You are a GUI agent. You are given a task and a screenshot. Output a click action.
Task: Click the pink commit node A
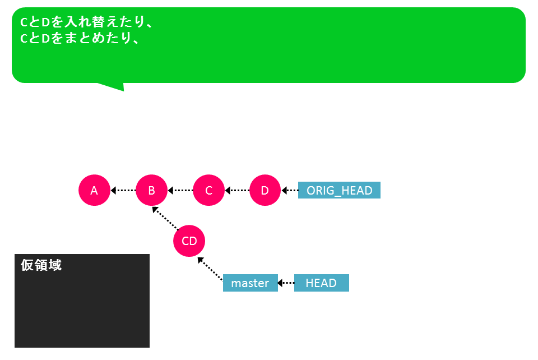click(x=94, y=190)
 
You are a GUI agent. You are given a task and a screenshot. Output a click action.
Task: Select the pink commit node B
click(x=151, y=190)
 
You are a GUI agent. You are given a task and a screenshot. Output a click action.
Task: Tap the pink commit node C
click(x=208, y=190)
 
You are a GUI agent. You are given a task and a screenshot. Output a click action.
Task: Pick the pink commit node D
click(x=265, y=190)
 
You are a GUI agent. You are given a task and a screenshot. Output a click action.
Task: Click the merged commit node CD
click(x=189, y=241)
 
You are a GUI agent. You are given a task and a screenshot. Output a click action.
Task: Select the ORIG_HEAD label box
click(x=339, y=190)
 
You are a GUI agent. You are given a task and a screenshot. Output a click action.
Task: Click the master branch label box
click(x=250, y=283)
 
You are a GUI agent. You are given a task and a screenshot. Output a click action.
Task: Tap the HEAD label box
click(x=322, y=283)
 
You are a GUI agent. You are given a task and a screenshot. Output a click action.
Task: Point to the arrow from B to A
click(x=123, y=190)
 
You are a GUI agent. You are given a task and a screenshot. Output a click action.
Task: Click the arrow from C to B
click(x=180, y=190)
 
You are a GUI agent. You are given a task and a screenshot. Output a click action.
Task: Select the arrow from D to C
click(x=237, y=190)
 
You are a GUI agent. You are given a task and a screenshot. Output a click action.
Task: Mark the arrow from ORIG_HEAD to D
click(x=290, y=190)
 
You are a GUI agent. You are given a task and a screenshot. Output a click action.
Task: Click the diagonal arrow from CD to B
click(x=165, y=218)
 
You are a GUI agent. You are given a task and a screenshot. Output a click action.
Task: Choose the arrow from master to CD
click(x=210, y=269)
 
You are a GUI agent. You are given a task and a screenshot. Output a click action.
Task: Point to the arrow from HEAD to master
click(x=286, y=283)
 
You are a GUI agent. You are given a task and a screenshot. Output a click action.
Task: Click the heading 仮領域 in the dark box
click(x=41, y=265)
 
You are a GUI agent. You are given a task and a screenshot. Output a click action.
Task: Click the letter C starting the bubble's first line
click(x=24, y=22)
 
